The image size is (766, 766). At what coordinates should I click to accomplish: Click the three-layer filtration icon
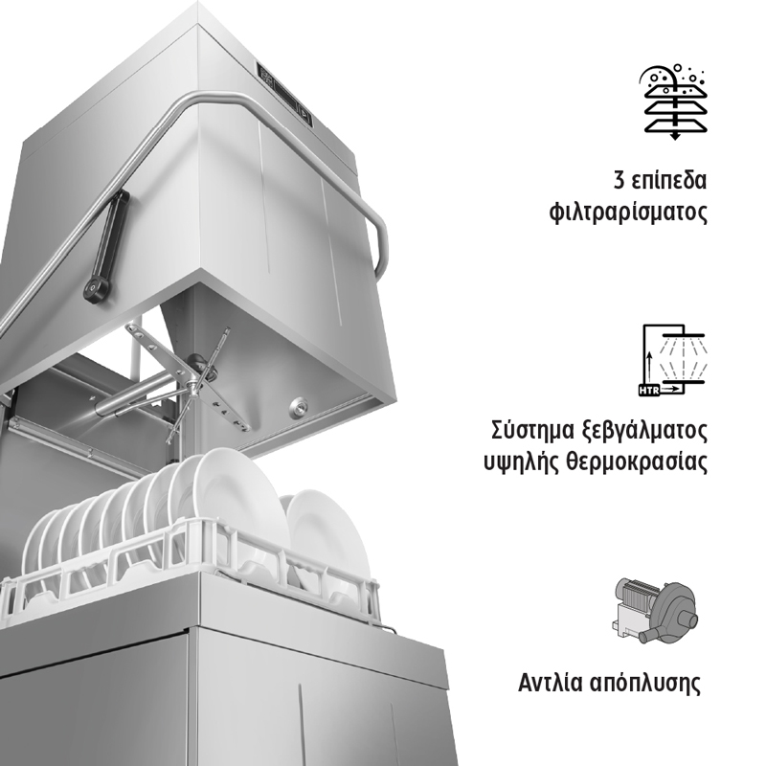point(675,102)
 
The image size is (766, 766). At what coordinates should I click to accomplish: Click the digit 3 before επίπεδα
point(619,180)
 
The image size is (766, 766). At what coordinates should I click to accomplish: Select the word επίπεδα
point(668,181)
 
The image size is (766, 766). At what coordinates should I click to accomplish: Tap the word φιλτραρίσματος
point(628,214)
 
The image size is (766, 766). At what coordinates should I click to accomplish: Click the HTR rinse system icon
point(673,360)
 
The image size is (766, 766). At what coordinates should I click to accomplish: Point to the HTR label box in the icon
point(649,391)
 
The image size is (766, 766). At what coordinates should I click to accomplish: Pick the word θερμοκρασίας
point(637,462)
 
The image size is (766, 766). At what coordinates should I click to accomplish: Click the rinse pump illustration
point(654,609)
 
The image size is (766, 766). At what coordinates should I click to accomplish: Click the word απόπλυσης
point(645,684)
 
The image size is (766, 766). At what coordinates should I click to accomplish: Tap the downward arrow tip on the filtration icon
point(675,138)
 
